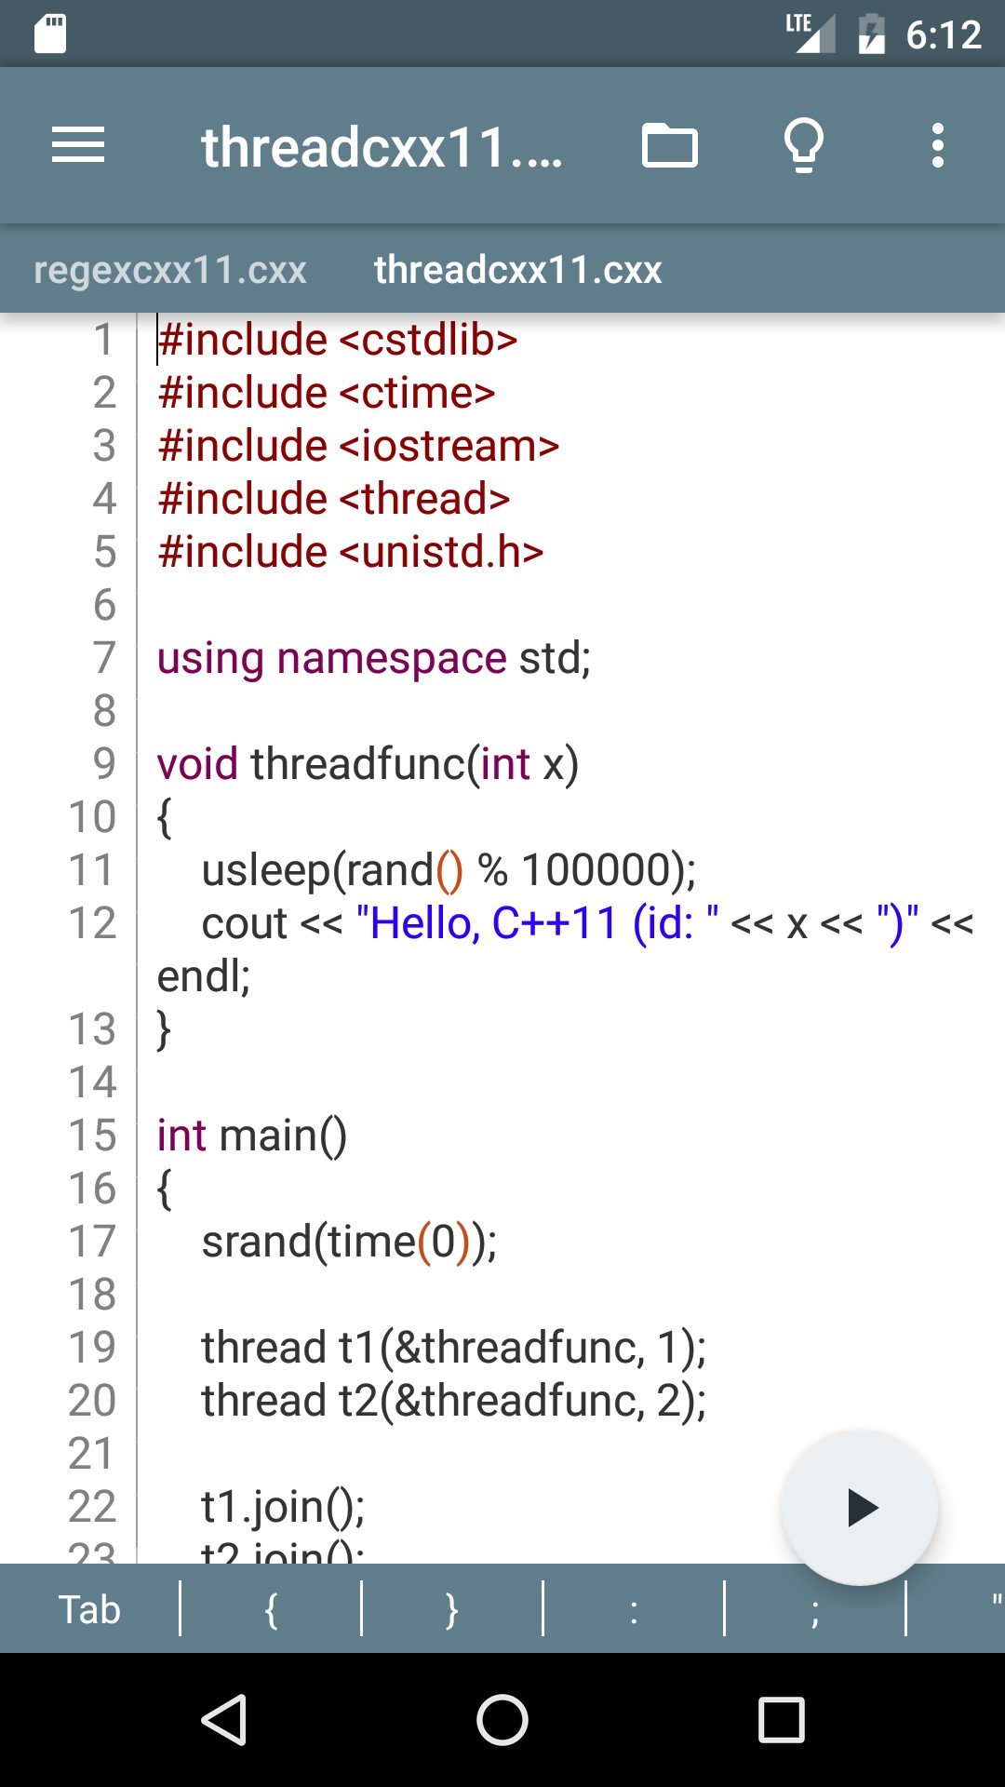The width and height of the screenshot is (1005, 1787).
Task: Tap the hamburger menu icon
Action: (78, 145)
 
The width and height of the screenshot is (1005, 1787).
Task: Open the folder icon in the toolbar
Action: (669, 145)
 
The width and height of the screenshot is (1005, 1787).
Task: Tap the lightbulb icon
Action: (803, 145)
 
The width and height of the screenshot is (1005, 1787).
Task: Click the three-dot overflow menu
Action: (938, 145)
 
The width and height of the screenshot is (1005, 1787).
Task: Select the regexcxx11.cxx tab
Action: (170, 270)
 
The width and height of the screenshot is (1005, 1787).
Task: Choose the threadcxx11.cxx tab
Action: (517, 270)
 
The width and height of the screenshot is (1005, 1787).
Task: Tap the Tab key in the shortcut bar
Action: (89, 1609)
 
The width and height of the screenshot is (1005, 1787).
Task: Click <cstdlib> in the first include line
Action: (428, 340)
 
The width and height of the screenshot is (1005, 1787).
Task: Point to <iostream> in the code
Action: (449, 446)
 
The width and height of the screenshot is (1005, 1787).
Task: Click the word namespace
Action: (392, 659)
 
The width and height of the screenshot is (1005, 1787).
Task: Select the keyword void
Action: (197, 764)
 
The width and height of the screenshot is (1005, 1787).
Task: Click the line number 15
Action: (92, 1135)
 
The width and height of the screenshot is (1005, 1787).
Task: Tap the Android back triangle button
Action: (224, 1719)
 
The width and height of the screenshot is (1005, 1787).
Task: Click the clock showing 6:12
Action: (944, 34)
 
